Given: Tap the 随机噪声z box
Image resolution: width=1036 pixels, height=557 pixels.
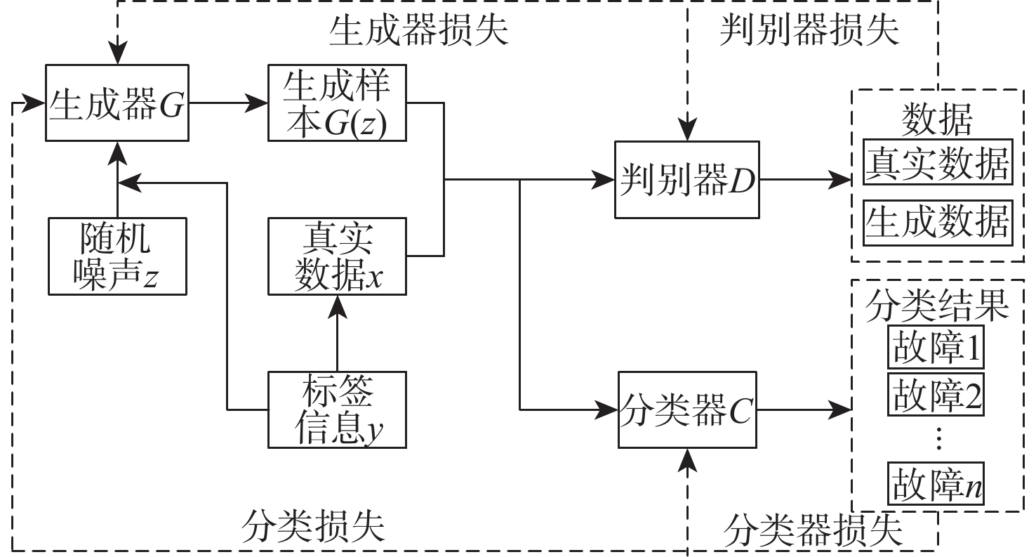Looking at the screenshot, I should click(x=117, y=256).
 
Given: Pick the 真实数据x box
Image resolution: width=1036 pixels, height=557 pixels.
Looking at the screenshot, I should click(x=337, y=256).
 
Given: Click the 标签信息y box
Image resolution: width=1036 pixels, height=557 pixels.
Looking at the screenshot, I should click(x=337, y=409).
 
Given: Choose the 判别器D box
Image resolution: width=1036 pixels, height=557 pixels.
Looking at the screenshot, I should click(x=687, y=180).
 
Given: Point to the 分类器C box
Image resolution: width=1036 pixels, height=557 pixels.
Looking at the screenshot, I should click(x=687, y=409).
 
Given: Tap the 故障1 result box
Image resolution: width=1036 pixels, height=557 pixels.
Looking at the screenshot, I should click(x=936, y=347).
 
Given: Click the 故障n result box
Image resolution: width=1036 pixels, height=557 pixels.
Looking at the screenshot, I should click(x=936, y=484).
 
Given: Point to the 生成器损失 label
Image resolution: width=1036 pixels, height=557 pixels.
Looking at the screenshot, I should click(x=418, y=32).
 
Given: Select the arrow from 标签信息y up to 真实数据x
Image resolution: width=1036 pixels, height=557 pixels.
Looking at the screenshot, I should click(x=338, y=333).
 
